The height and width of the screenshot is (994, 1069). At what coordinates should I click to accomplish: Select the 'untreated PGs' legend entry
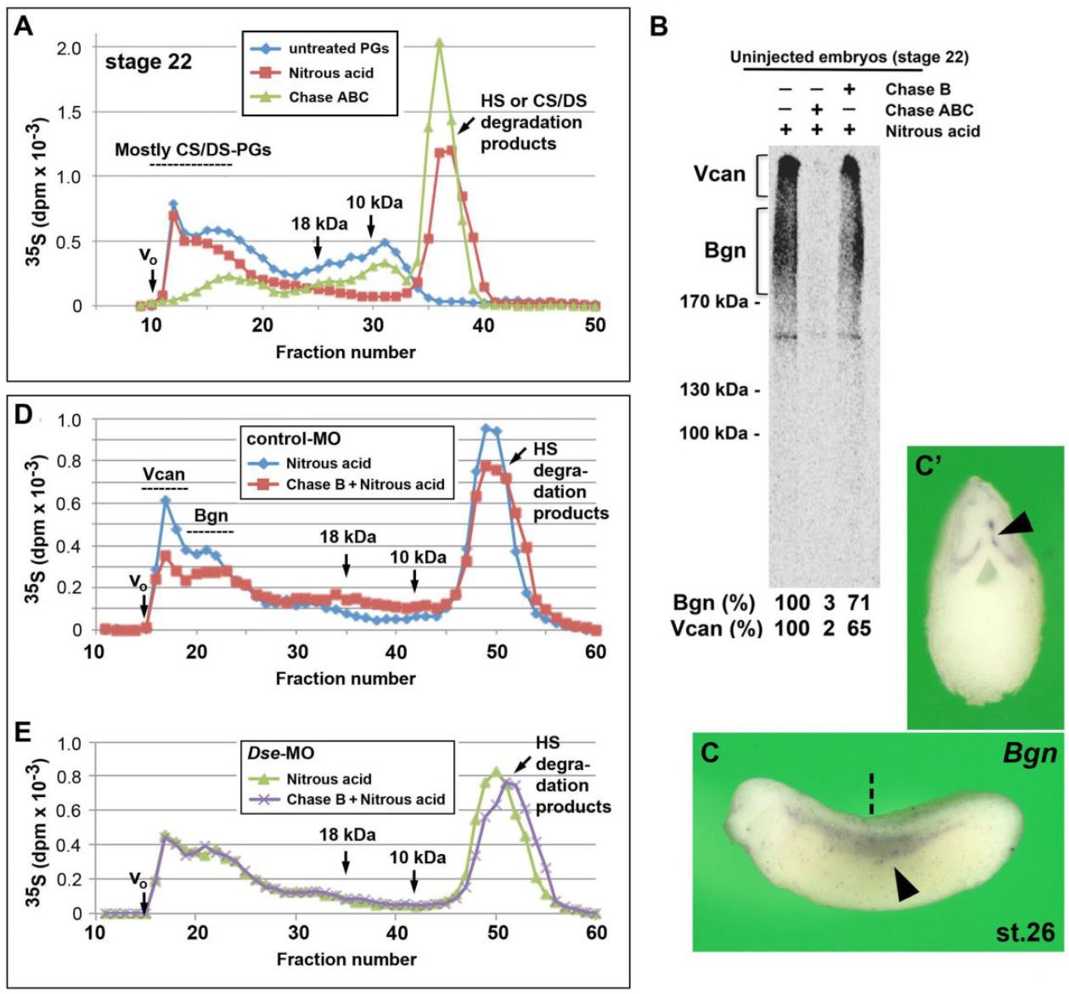click(338, 48)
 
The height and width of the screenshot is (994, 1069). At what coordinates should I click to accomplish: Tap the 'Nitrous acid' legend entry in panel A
click(330, 73)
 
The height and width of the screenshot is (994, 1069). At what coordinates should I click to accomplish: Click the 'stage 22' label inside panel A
click(148, 63)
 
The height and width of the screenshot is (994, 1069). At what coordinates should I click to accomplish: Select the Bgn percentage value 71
click(858, 604)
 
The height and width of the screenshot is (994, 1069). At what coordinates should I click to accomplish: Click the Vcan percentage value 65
click(858, 629)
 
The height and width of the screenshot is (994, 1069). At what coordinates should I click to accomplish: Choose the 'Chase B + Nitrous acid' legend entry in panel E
click(365, 800)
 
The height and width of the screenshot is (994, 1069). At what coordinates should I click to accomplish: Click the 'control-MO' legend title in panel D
click(282, 439)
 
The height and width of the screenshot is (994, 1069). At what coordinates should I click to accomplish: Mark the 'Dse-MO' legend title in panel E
click(274, 753)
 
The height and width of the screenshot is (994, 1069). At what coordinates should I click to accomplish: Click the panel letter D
click(25, 415)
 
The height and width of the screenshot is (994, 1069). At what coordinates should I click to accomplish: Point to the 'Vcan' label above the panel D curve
click(163, 475)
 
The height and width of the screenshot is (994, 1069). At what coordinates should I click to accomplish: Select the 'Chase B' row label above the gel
click(918, 89)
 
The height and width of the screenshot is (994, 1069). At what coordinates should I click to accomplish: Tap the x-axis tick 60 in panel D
click(596, 651)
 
